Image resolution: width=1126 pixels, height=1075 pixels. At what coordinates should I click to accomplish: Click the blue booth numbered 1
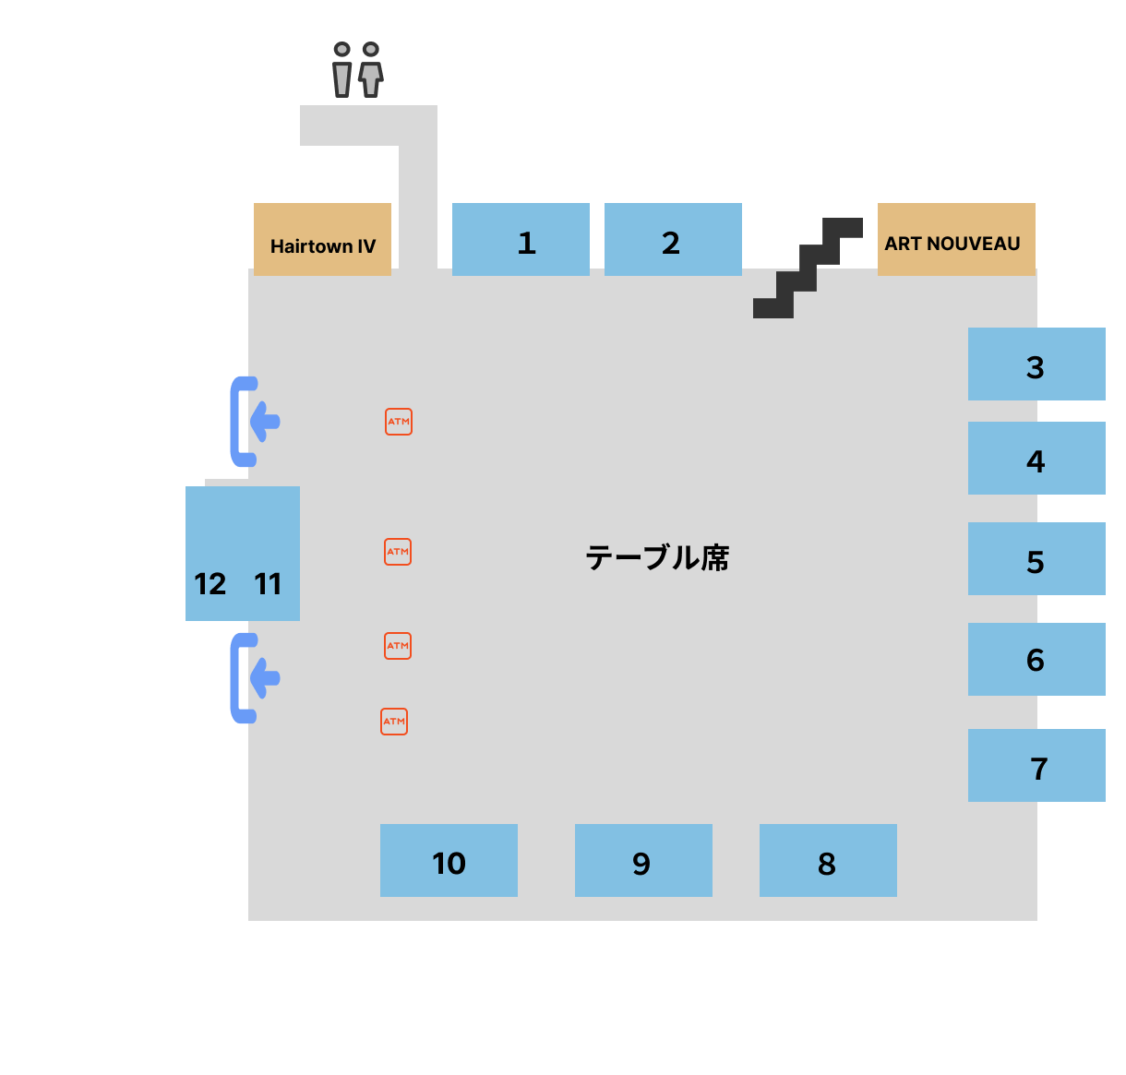click(521, 239)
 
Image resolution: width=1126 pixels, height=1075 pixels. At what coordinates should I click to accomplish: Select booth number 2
click(673, 239)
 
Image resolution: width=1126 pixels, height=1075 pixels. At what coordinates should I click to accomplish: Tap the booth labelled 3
click(1036, 364)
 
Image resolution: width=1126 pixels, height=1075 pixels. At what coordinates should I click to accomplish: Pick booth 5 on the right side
click(1036, 558)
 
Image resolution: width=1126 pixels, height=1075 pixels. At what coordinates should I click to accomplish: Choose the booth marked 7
click(1036, 765)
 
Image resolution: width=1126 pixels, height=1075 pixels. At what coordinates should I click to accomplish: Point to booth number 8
click(828, 860)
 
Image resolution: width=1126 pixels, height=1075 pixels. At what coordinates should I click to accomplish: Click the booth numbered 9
click(643, 860)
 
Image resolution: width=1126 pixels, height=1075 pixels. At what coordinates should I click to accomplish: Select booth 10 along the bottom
click(449, 860)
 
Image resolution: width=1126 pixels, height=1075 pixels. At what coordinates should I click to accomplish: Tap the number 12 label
click(210, 584)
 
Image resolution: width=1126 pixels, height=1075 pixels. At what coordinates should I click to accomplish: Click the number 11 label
click(268, 584)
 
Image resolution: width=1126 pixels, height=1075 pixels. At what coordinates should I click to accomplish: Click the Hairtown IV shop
click(322, 239)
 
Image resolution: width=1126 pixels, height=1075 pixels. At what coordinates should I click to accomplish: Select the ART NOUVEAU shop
click(956, 239)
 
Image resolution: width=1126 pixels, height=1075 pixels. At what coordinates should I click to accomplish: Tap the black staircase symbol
click(808, 269)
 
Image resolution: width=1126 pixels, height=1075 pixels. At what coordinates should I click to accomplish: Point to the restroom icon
click(357, 70)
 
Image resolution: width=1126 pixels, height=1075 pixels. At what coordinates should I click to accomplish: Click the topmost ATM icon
click(399, 422)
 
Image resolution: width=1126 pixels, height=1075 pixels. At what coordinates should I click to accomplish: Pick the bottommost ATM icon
click(394, 722)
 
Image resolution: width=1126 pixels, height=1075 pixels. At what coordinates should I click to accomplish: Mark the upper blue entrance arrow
click(255, 422)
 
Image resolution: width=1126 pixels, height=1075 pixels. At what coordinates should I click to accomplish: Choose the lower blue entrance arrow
click(255, 678)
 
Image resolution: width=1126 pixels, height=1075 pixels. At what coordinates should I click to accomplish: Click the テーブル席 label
click(657, 558)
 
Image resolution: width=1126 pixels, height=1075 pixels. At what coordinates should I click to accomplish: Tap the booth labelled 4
click(1036, 458)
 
